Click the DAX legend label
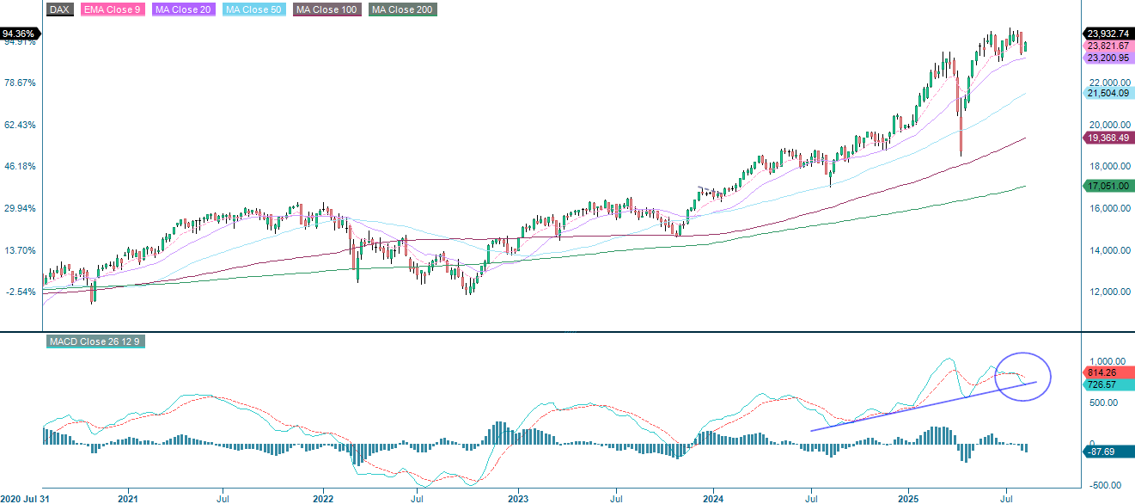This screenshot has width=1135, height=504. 58,9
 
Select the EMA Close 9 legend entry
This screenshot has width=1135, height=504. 113,9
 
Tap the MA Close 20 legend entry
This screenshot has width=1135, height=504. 182,9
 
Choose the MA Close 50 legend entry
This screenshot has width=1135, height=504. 253,9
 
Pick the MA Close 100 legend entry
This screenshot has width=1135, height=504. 326,9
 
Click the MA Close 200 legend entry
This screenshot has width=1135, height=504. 402,9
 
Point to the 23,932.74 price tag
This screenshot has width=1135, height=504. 1107,33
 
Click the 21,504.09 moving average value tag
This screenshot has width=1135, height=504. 1107,93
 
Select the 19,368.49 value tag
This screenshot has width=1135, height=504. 1107,138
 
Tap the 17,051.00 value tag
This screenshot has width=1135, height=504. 1107,186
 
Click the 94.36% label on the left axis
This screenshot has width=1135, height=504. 18,34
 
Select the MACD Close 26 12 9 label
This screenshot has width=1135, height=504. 94,341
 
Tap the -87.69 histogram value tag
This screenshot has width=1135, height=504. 1103,452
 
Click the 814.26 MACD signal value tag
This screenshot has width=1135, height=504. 1103,373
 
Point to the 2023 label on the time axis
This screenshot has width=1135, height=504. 517,498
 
